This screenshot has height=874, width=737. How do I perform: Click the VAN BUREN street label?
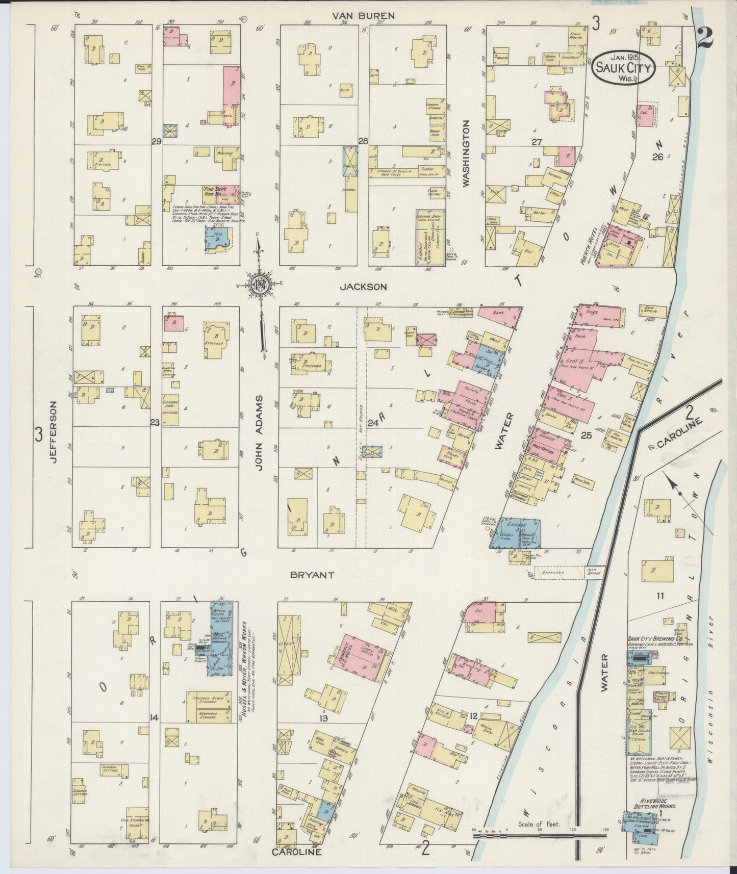pyautogui.click(x=363, y=16)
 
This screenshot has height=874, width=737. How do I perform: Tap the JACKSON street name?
pyautogui.click(x=364, y=287)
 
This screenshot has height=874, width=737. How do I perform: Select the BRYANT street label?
pyautogui.click(x=312, y=575)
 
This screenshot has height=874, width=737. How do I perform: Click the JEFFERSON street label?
pyautogui.click(x=53, y=431)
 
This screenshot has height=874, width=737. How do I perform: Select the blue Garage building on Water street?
pyautogui.click(x=515, y=533)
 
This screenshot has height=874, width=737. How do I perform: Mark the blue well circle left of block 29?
pyautogui.click(x=39, y=271)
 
